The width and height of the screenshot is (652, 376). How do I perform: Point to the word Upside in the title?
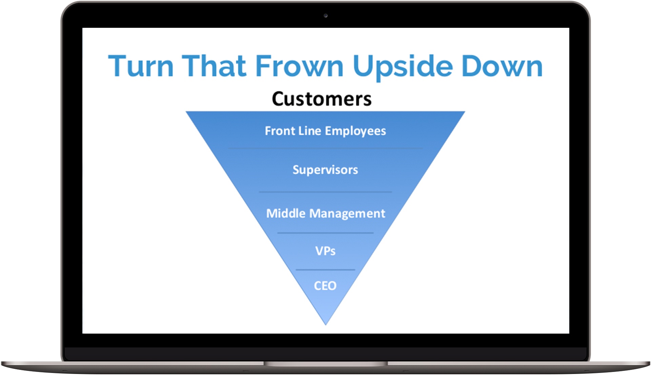click(x=403, y=66)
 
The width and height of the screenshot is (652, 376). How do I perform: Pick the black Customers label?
click(x=322, y=99)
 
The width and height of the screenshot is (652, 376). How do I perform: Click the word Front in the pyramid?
click(x=280, y=131)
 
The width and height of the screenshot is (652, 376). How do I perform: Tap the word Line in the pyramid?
click(x=310, y=131)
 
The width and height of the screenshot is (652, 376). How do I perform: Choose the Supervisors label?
click(x=325, y=170)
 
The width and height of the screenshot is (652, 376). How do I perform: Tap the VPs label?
click(x=325, y=251)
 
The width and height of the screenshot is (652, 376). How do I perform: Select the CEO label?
click(x=325, y=286)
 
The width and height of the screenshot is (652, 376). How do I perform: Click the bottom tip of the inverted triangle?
click(x=326, y=323)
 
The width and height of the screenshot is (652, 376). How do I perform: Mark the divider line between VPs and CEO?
click(x=325, y=270)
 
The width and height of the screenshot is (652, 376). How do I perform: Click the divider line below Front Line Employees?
click(x=325, y=149)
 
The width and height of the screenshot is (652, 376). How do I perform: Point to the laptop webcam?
click(x=326, y=16)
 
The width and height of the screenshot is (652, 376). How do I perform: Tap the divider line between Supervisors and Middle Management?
click(x=325, y=192)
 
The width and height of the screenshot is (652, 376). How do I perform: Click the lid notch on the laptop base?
click(x=326, y=364)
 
